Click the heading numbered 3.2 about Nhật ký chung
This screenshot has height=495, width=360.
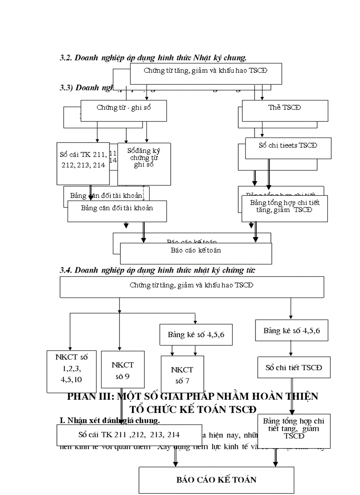point(153,57)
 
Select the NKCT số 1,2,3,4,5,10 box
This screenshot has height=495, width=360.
point(71,371)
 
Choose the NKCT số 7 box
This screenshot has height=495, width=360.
point(182,375)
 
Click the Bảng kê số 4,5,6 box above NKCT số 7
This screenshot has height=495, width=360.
point(196,335)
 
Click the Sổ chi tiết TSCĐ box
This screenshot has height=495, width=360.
point(294,367)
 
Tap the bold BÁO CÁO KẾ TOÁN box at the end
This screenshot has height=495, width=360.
point(216,480)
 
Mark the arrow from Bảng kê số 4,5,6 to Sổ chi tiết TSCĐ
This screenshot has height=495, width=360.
point(290,349)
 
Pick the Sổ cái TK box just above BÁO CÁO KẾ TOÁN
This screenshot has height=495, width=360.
point(129,435)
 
